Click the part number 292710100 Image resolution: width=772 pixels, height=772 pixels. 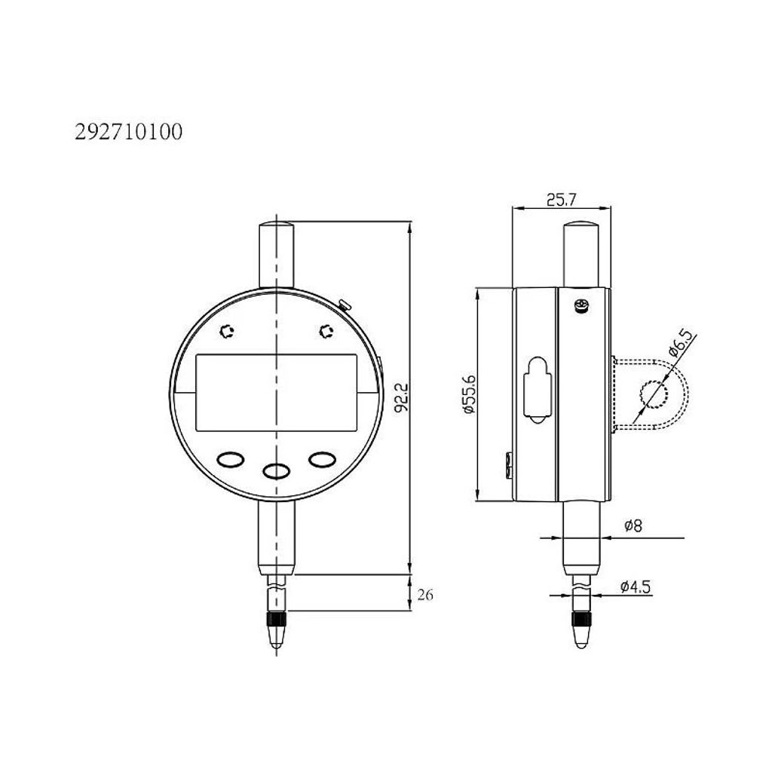coord(128,132)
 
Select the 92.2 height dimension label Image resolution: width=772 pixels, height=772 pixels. coord(401,398)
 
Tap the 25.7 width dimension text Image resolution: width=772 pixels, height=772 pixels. coord(561,200)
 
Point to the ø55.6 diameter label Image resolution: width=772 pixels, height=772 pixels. coord(470,394)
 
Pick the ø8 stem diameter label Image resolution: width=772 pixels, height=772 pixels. coord(633,525)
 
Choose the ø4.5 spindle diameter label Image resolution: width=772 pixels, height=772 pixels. coord(636,587)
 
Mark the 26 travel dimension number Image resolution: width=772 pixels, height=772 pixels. coord(425,595)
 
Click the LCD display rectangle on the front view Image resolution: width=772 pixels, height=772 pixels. coord(276,392)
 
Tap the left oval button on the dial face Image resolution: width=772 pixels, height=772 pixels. coord(230,460)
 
